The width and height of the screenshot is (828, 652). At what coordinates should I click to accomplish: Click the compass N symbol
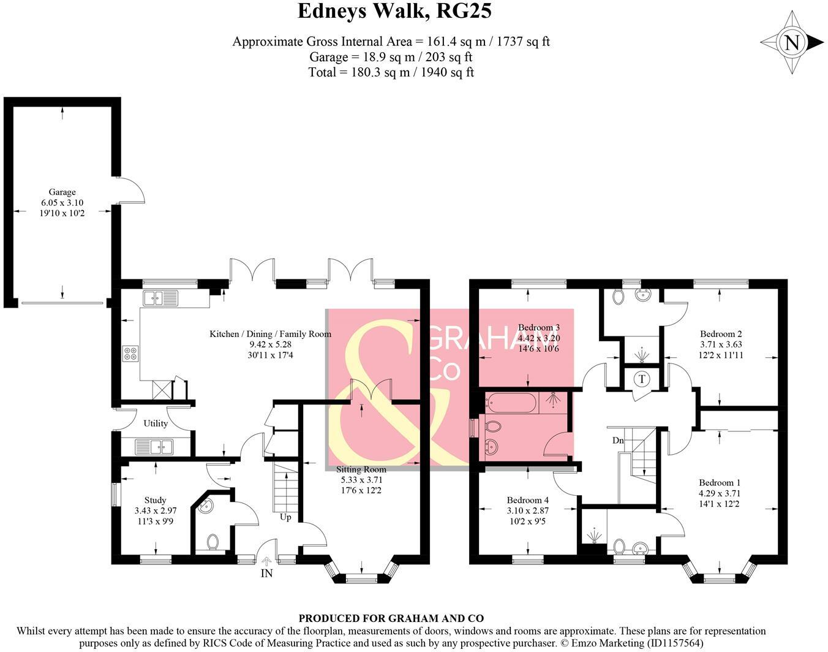[792, 43]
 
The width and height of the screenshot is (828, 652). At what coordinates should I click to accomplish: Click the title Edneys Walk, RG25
[394, 11]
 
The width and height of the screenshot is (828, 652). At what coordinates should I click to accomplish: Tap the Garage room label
[62, 192]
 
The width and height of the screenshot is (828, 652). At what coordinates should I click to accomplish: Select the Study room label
[155, 500]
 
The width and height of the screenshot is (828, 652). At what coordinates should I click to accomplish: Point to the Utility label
[156, 423]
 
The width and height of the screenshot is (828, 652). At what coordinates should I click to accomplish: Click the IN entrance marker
[266, 574]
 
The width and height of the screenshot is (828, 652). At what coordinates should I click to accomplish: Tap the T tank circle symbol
[641, 379]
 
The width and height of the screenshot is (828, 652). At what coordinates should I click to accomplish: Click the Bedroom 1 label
[720, 482]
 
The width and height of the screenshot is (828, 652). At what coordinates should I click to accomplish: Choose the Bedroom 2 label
[721, 334]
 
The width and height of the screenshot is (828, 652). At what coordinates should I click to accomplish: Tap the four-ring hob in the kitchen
[130, 354]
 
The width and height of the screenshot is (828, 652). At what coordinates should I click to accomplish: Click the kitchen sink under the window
[160, 298]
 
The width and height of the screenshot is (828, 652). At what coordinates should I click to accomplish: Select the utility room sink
[153, 446]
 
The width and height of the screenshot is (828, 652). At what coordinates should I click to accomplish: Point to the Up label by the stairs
[285, 517]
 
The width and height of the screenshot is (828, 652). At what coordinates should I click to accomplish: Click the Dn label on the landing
[618, 440]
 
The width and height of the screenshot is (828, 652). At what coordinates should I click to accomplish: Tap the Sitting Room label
[361, 469]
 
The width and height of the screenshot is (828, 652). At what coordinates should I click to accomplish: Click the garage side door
[130, 190]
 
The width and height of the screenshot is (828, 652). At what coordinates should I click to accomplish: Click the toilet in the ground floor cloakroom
[213, 542]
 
